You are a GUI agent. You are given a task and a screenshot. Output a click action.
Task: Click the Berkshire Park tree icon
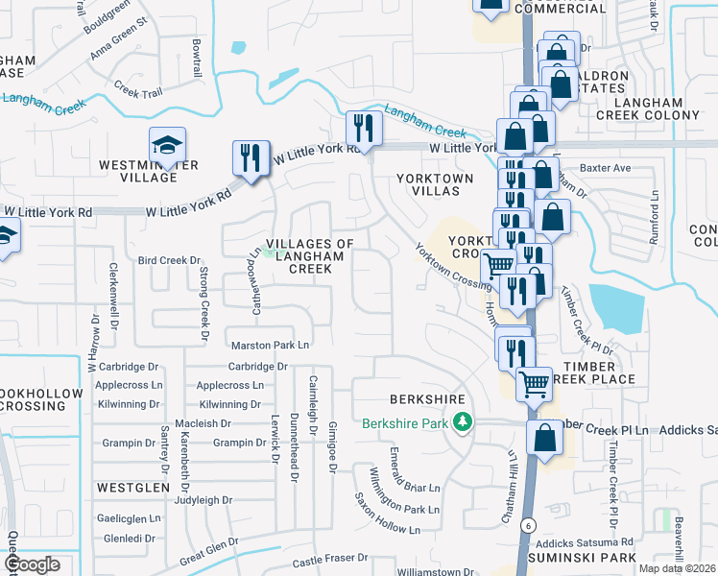(463, 422)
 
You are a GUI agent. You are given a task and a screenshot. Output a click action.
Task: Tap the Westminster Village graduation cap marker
(167, 146)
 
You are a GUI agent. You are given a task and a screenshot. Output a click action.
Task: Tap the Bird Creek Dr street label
(169, 260)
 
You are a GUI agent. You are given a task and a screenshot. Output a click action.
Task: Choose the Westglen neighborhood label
(133, 488)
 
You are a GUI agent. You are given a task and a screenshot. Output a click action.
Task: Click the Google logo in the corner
(32, 564)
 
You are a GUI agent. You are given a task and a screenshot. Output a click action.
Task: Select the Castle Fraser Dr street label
(331, 558)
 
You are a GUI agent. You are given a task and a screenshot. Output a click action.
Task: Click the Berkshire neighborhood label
(427, 399)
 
